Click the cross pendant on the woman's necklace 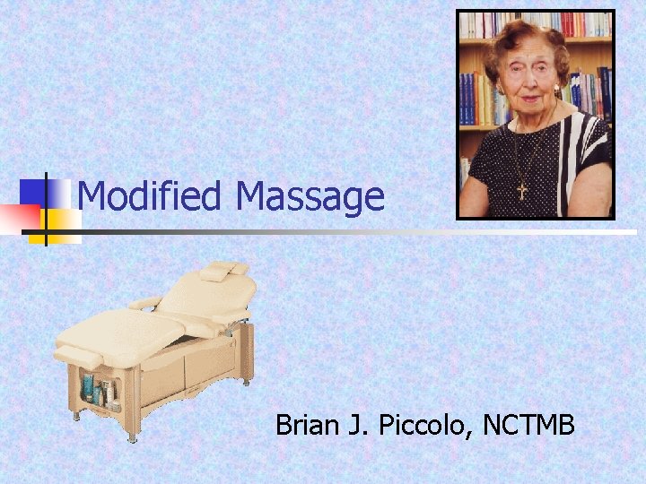pos(521,191)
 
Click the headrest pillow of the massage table pos(224,270)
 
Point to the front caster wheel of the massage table pos(132,438)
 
